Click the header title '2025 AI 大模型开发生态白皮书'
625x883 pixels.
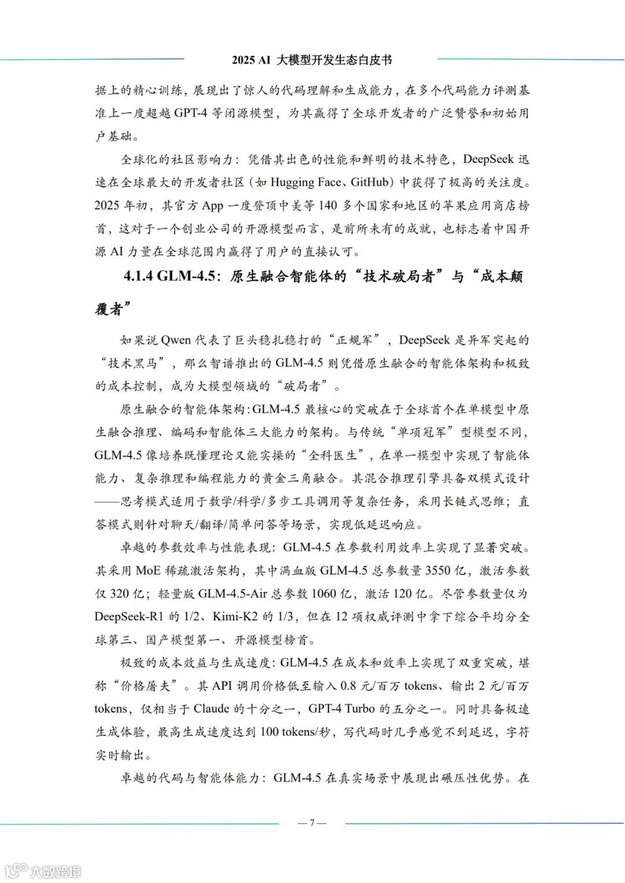[311, 60]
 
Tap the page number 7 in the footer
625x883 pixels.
[312, 823]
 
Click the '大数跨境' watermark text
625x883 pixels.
[56, 871]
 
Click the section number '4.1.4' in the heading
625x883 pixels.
[138, 276]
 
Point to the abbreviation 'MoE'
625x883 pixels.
[149, 571]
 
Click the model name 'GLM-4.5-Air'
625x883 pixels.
[233, 594]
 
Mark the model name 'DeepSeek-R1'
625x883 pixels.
[129, 616]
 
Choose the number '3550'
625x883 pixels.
[438, 571]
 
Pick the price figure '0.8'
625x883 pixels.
[348, 686]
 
